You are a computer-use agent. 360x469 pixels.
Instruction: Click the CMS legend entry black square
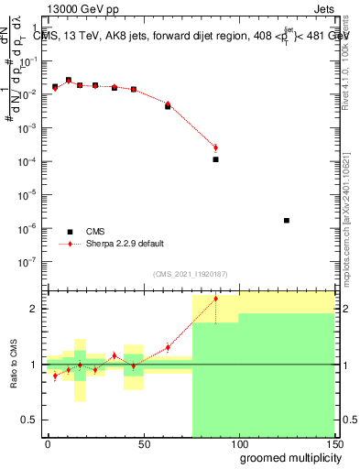pyautogui.click(x=70, y=231)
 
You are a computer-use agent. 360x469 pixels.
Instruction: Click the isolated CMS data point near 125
pyautogui.click(x=287, y=220)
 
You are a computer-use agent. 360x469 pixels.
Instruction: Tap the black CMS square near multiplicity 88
pyautogui.click(x=215, y=159)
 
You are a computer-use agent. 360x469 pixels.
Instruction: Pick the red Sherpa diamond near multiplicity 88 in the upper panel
pyautogui.click(x=215, y=147)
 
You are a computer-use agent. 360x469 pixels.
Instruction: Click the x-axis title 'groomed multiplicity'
pyautogui.click(x=286, y=458)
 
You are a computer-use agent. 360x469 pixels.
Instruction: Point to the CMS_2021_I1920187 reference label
pyautogui.click(x=190, y=274)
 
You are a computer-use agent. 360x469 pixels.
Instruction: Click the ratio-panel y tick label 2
pyautogui.click(x=34, y=309)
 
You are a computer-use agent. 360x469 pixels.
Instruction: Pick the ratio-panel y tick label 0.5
pyautogui.click(x=31, y=420)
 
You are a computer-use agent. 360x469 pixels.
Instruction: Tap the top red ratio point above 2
pyautogui.click(x=215, y=299)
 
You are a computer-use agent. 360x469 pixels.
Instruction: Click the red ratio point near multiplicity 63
pyautogui.click(x=168, y=347)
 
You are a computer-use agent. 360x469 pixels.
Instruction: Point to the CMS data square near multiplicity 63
pyautogui.click(x=168, y=106)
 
